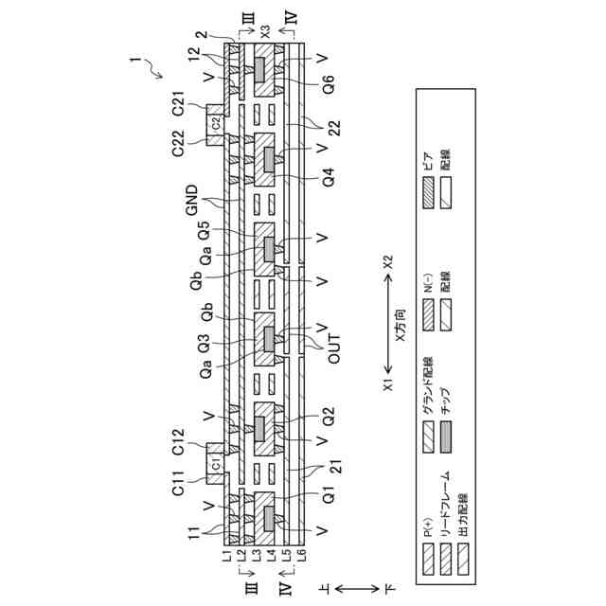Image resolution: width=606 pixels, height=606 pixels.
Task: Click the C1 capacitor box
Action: pos(216,465)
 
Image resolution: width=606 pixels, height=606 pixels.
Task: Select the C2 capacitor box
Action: pos(216,121)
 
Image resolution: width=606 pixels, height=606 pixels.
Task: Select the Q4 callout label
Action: pos(329,176)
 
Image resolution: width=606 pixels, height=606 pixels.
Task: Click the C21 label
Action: pos(177,113)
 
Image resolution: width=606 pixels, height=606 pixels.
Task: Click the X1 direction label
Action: pos(387,385)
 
